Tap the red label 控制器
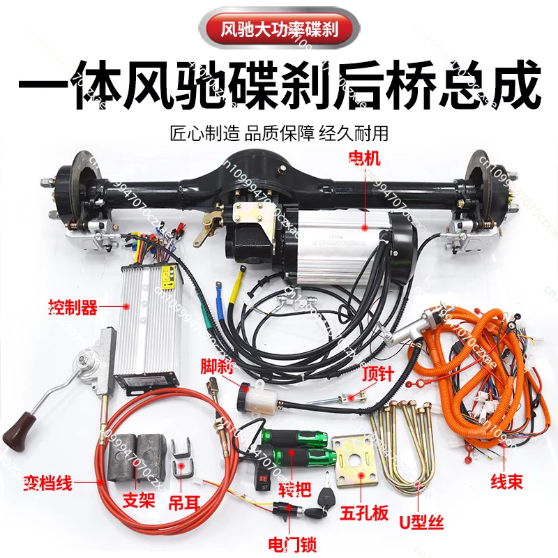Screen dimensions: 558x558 pyautogui.click(x=73, y=306)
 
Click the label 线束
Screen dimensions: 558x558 pyautogui.click(x=506, y=482)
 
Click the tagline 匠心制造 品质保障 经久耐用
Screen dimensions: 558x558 pyautogui.click(x=279, y=133)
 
